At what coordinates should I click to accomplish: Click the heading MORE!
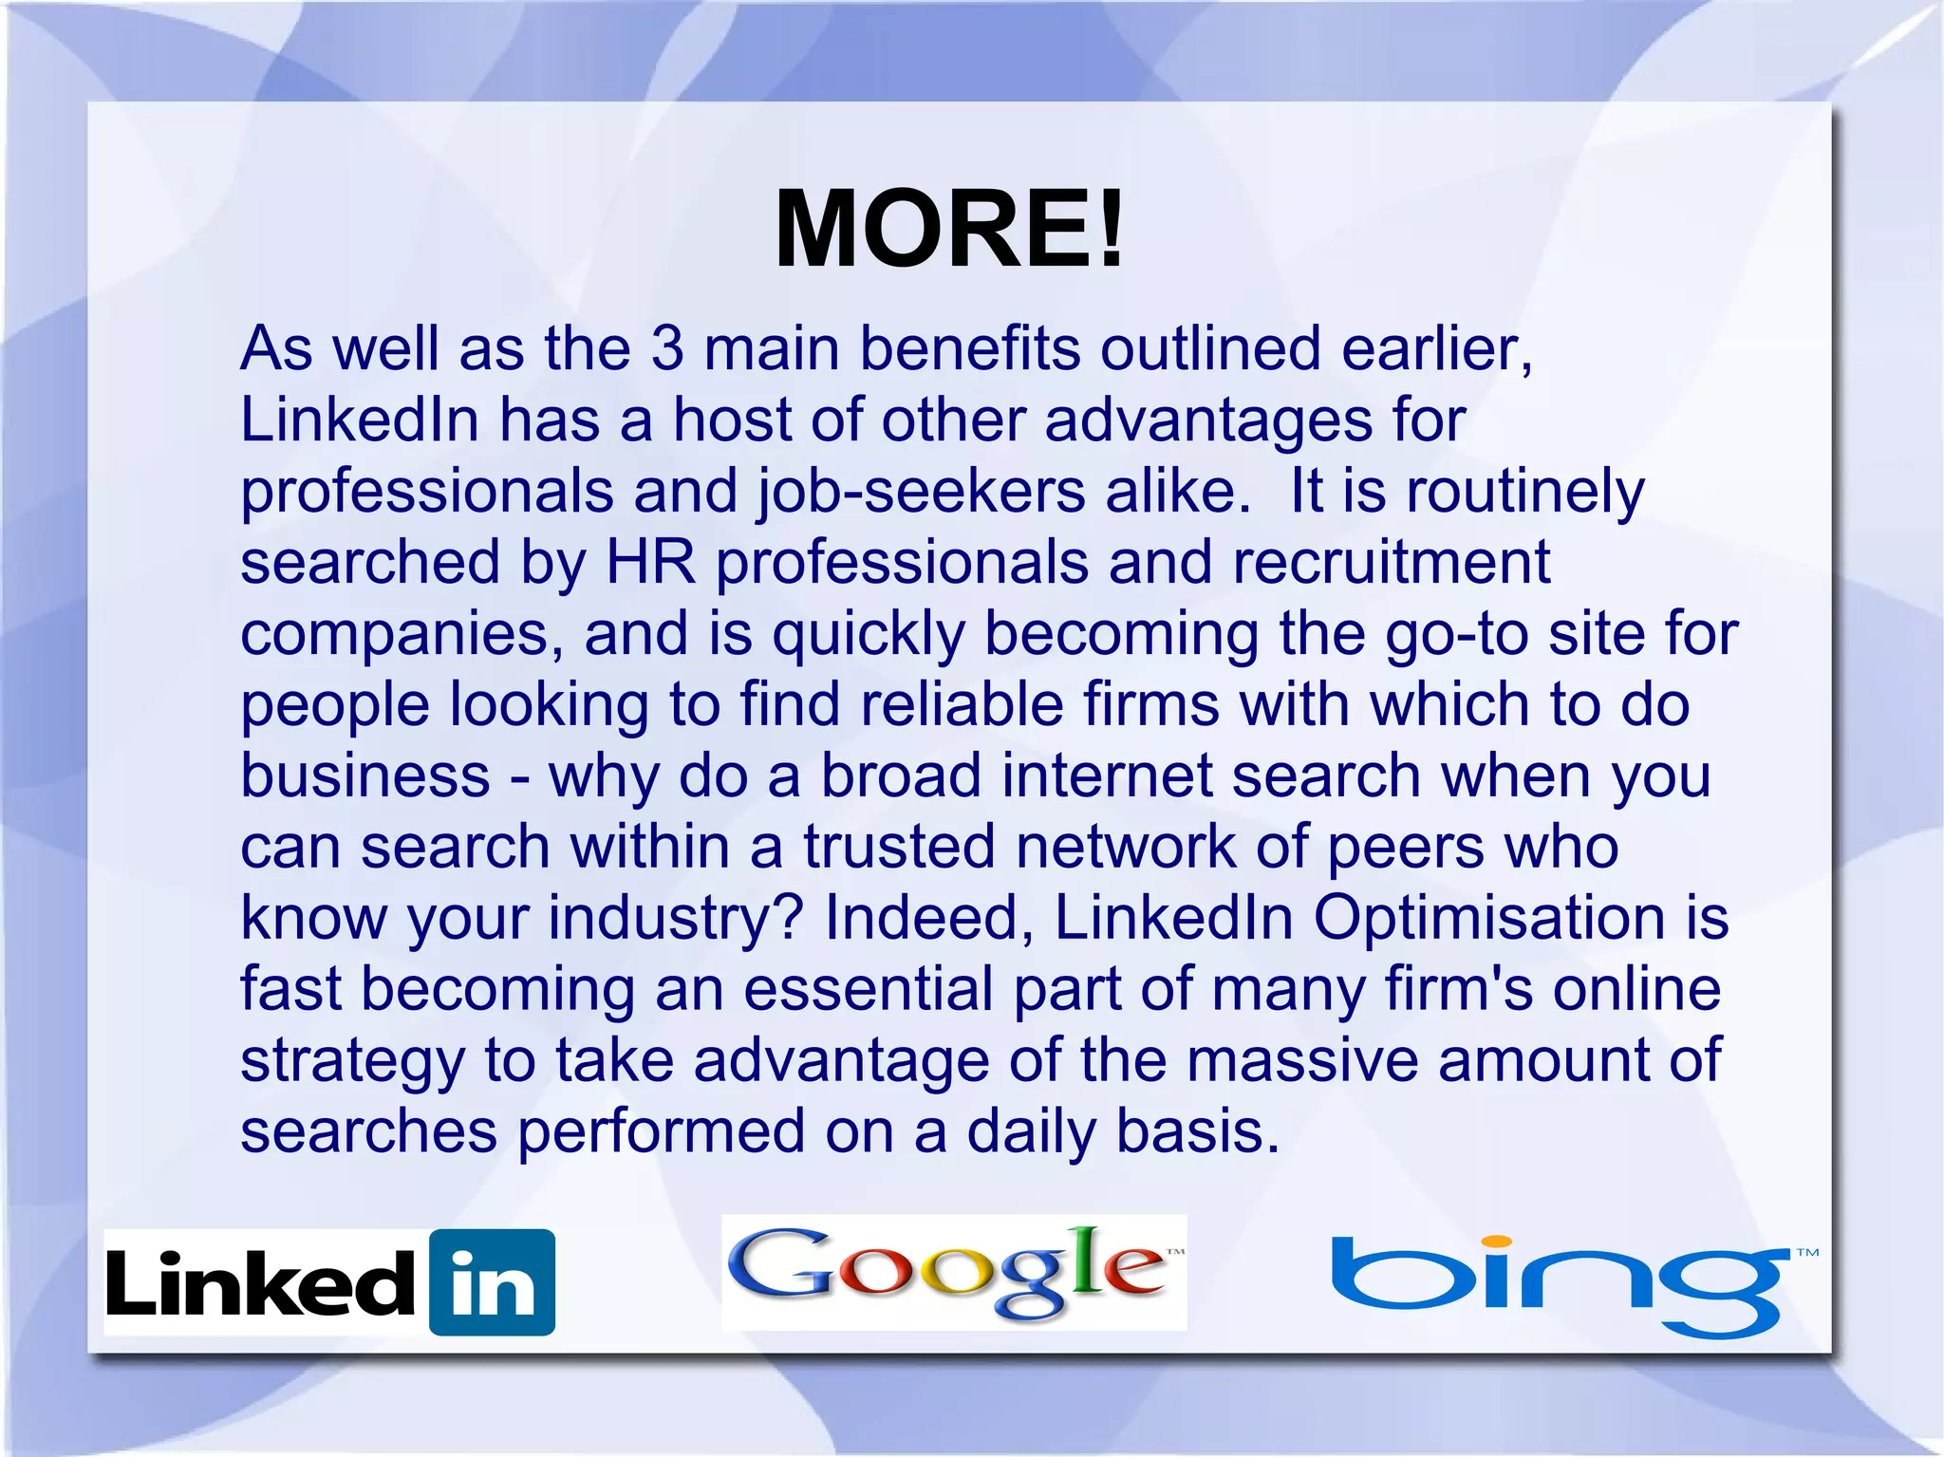click(949, 230)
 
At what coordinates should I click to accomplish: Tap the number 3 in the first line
click(667, 348)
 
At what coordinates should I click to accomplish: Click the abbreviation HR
click(650, 562)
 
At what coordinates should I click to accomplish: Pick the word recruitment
click(1391, 562)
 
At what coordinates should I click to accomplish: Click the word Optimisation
click(1488, 918)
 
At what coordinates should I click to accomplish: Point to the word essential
click(868, 989)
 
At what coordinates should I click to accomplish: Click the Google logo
click(953, 1272)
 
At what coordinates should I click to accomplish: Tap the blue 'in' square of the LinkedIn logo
click(492, 1282)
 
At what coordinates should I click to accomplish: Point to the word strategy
click(352, 1062)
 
